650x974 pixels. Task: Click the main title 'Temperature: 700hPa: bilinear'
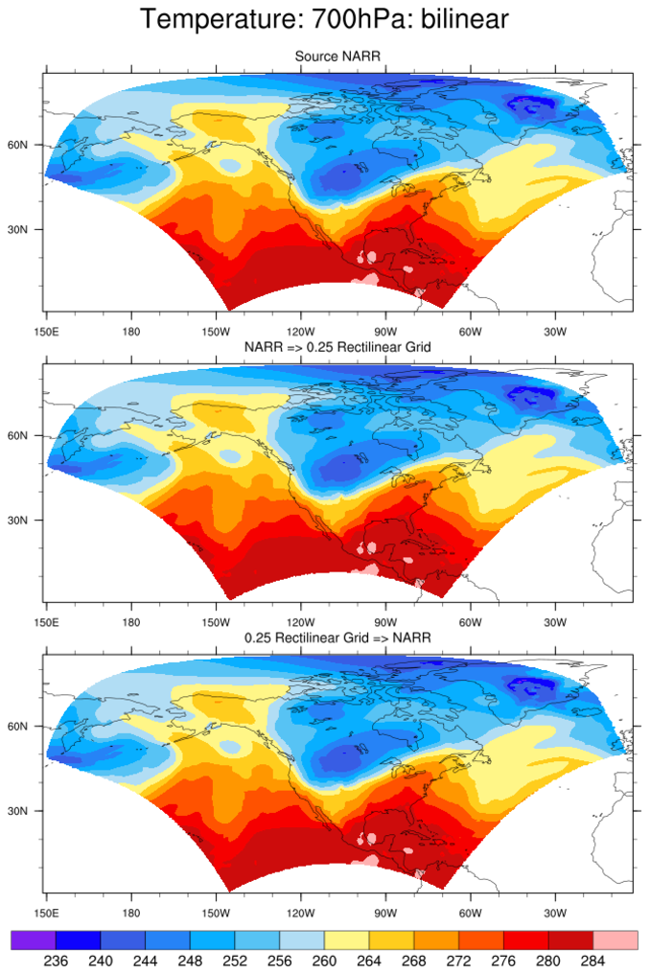pos(325,18)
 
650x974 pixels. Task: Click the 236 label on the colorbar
pos(56,961)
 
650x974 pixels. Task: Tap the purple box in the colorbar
pos(34,939)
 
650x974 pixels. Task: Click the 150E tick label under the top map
pos(46,332)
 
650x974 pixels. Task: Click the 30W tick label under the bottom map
pos(554,913)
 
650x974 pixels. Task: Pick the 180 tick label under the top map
pos(131,332)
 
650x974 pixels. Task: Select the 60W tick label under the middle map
pos(470,622)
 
